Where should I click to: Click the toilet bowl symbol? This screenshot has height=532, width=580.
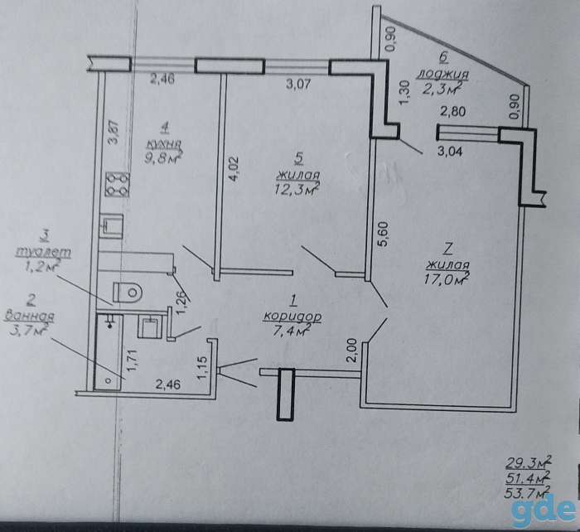tap(128, 293)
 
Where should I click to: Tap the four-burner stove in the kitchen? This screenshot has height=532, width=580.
tap(118, 184)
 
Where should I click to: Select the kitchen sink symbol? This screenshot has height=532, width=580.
tap(111, 226)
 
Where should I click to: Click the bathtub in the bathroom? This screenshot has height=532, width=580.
tap(109, 352)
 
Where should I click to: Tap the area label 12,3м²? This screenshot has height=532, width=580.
tap(297, 189)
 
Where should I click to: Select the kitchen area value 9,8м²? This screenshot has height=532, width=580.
tap(163, 157)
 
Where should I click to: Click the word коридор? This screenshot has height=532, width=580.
tap(292, 317)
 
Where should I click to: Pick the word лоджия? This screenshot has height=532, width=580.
tap(442, 75)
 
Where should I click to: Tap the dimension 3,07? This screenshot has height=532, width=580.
tap(298, 84)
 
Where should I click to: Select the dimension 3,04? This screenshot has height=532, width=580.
tap(450, 151)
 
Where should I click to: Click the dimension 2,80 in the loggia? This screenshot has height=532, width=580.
tap(452, 110)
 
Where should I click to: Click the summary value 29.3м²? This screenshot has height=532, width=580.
tap(529, 462)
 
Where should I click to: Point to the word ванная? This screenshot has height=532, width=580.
tap(30, 316)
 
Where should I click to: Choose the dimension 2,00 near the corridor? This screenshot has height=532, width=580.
tap(354, 350)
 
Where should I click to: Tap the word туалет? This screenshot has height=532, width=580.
tap(43, 252)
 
